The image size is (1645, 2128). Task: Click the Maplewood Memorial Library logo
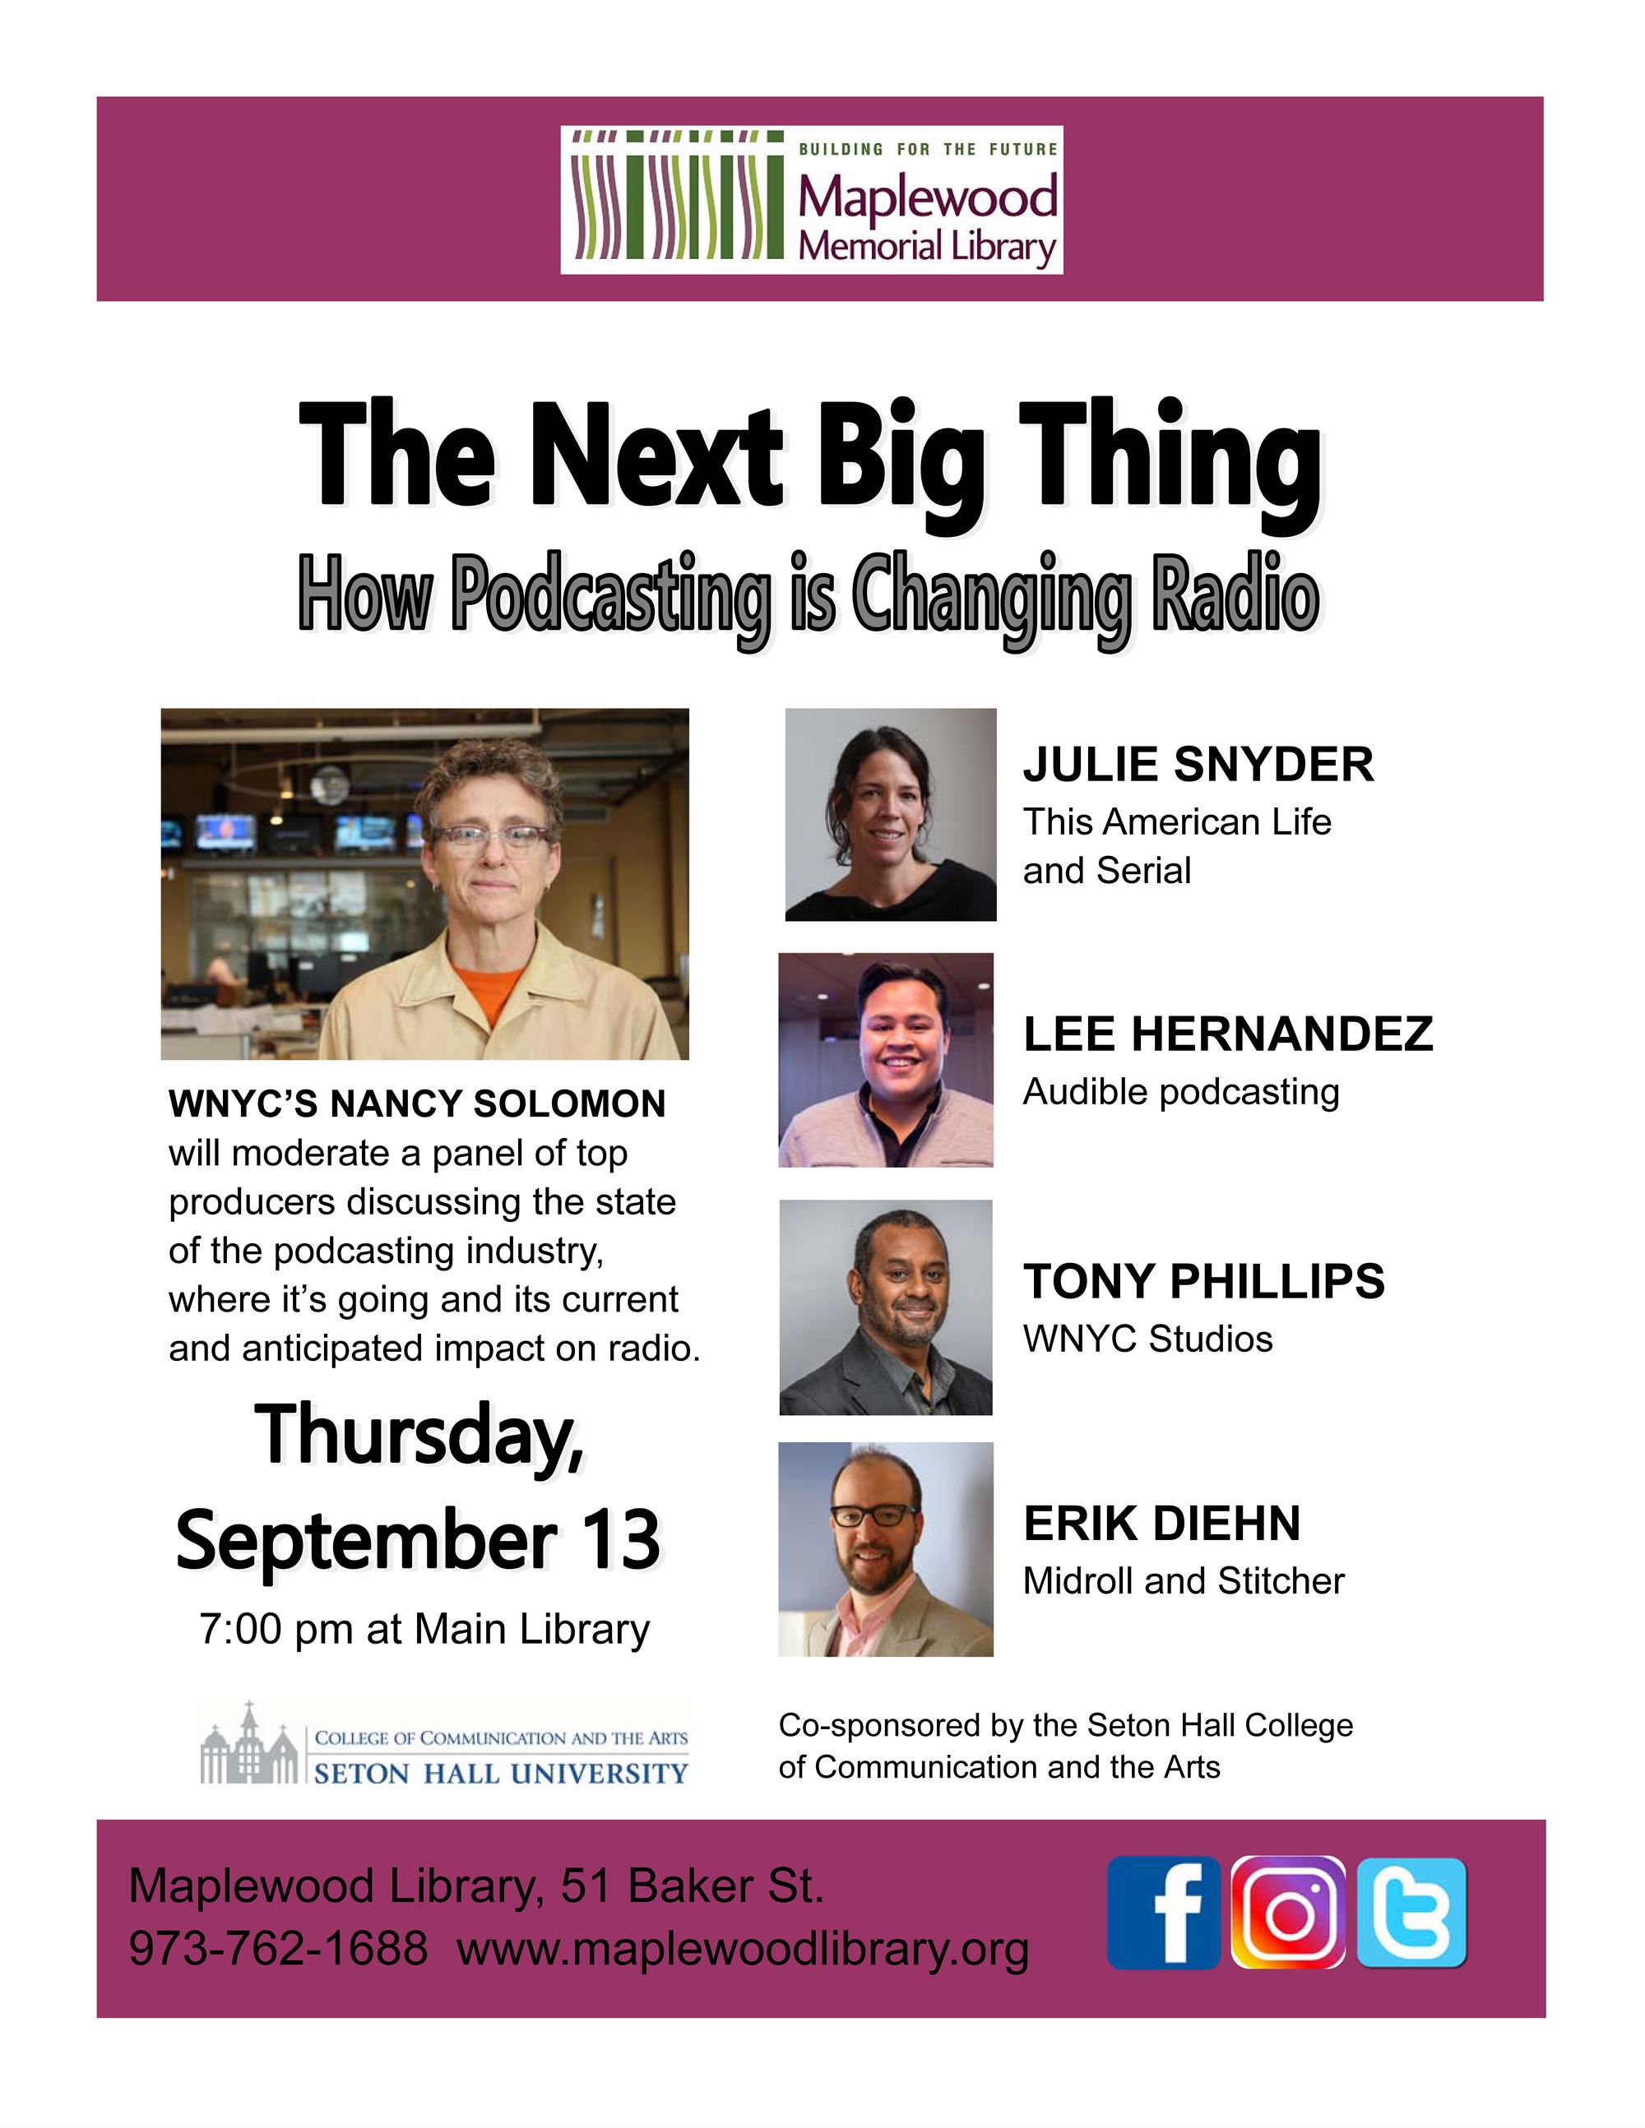tap(812, 200)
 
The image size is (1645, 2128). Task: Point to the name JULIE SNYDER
tap(1198, 764)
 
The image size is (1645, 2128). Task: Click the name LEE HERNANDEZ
tap(1228, 1034)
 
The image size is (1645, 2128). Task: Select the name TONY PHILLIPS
tap(1203, 1281)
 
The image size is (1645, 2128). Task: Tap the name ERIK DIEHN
tap(1161, 1524)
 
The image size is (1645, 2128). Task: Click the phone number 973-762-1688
tap(279, 1950)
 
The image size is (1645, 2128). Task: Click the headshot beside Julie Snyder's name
tap(891, 815)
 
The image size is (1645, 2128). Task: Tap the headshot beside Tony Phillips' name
tap(886, 1307)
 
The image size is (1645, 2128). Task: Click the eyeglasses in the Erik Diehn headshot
tap(873, 1515)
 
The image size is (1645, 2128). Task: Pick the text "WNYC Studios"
tap(1148, 1339)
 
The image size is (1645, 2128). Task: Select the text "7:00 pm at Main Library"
tap(425, 1629)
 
